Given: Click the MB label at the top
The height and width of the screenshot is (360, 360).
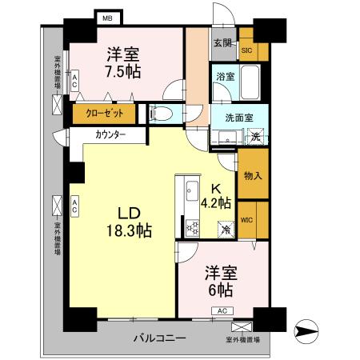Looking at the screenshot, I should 107,16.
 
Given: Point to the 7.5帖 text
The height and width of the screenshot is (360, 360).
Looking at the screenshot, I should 125,72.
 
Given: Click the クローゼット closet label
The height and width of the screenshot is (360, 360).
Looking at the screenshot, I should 104,114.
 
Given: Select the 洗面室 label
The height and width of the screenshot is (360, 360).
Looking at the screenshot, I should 238,117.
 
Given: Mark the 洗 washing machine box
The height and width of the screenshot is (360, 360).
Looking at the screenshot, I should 255,135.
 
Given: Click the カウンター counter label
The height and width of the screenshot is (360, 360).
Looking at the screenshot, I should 110,134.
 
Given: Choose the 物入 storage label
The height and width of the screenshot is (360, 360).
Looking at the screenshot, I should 253,175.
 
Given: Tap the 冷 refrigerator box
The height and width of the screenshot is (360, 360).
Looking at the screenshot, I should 226,228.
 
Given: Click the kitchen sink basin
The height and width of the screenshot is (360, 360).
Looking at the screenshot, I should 192,192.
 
